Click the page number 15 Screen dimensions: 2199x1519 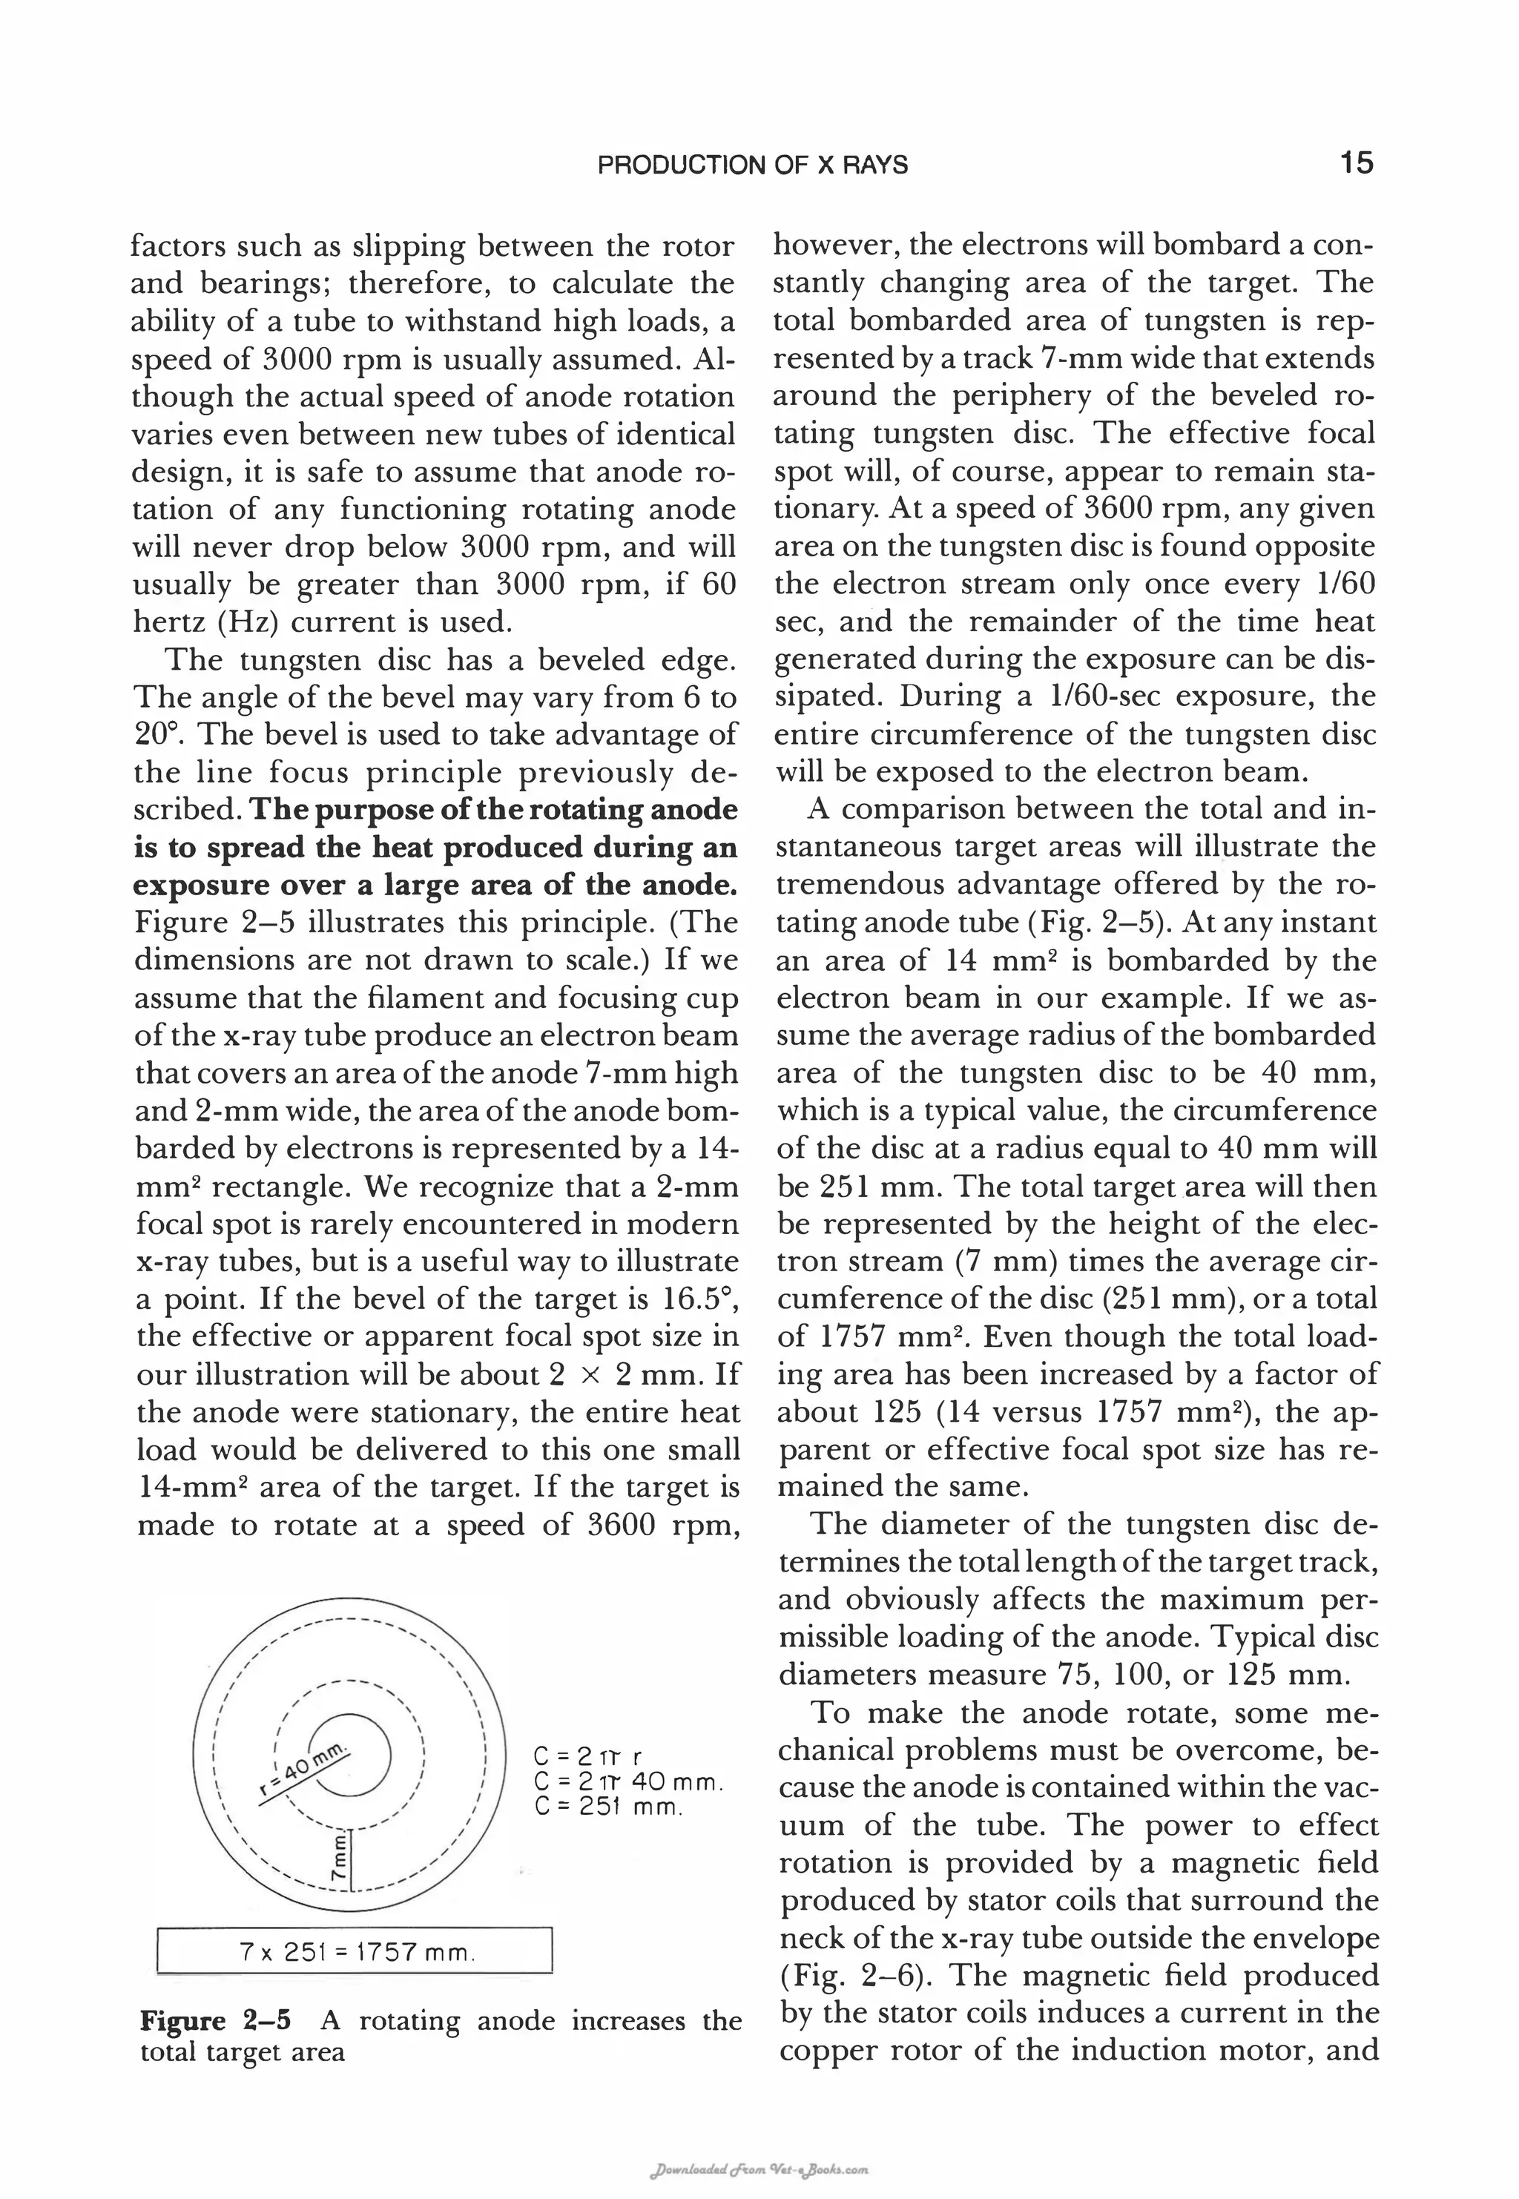click(1357, 164)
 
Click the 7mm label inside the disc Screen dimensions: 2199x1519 click(338, 1859)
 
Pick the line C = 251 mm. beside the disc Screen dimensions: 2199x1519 click(609, 1805)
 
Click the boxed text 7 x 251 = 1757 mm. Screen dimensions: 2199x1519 click(354, 1953)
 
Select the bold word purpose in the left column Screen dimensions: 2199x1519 click(375, 810)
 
